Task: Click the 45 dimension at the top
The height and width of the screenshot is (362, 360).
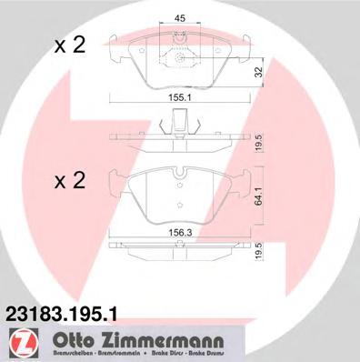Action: pos(180,17)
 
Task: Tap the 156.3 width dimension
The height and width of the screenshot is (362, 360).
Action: pos(178,231)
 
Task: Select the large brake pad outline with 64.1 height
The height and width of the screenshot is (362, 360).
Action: pos(180,196)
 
